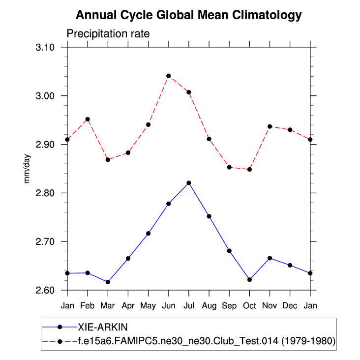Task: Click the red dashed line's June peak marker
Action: [x=168, y=76]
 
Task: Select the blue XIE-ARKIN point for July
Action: [x=188, y=183]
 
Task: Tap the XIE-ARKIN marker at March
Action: [x=108, y=282]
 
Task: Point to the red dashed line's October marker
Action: [x=249, y=169]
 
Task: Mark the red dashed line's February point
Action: [x=88, y=119]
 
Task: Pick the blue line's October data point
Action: [x=249, y=279]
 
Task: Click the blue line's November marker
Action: [x=270, y=258]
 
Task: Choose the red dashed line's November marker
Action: [x=270, y=126]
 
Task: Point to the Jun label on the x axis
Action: [x=168, y=305]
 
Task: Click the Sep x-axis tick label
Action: [x=229, y=305]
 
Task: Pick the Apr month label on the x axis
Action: [x=128, y=305]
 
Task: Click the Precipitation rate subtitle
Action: [x=108, y=33]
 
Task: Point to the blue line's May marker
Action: [x=148, y=233]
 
